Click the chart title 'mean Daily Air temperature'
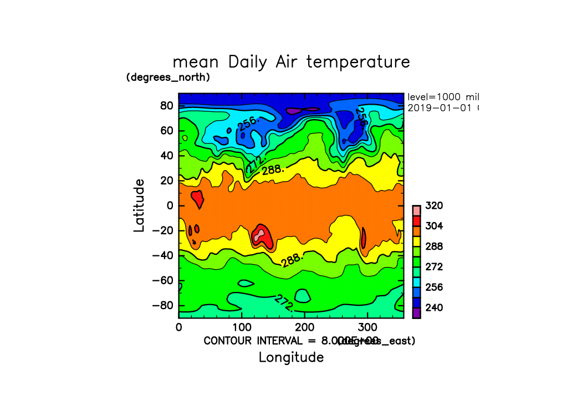pos(291,61)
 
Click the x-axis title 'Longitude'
pos(291,357)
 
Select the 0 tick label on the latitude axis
pos(171,206)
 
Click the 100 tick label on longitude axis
pos(242,327)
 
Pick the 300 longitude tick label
pos(368,327)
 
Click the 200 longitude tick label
pos(305,327)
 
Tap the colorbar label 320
pos(434,206)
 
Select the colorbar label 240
pos(434,307)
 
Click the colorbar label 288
pos(434,246)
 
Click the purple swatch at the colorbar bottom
pos(416,314)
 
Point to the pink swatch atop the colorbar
pos(416,210)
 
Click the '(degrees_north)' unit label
pos(168,77)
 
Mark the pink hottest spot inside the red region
pos(258,235)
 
